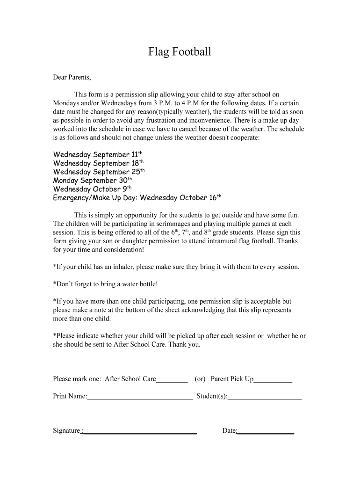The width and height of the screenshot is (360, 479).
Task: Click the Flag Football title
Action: coord(180,51)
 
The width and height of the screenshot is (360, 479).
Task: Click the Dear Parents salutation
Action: coord(72,77)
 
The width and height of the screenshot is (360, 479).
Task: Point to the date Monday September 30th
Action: coord(93,181)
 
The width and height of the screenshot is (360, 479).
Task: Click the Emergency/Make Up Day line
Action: coord(137,198)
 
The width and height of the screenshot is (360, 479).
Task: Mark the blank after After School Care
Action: coord(172,380)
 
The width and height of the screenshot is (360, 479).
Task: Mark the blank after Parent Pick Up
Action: coord(273,380)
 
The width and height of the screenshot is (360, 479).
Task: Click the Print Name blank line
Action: coord(140,397)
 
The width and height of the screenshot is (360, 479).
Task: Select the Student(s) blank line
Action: coord(265,397)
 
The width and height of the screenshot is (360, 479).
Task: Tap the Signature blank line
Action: coord(139,431)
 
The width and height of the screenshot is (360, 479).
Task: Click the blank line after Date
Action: coord(266,431)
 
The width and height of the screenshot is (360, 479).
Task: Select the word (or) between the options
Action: coord(201,379)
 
